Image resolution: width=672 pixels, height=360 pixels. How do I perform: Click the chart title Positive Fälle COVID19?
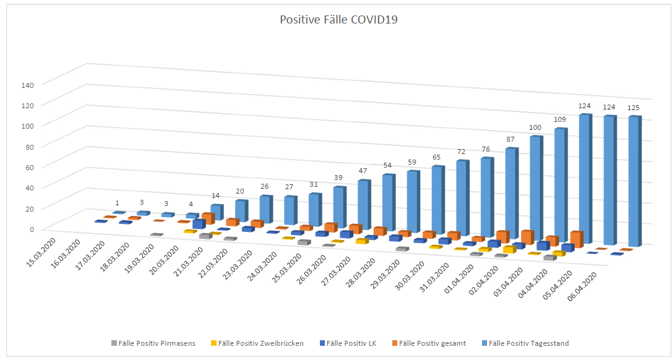338,19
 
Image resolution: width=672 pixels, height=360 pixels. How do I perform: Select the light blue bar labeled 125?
633,179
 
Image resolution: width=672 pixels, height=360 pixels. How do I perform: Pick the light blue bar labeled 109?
559,182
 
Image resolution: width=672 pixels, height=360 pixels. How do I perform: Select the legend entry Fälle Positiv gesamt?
433,343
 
